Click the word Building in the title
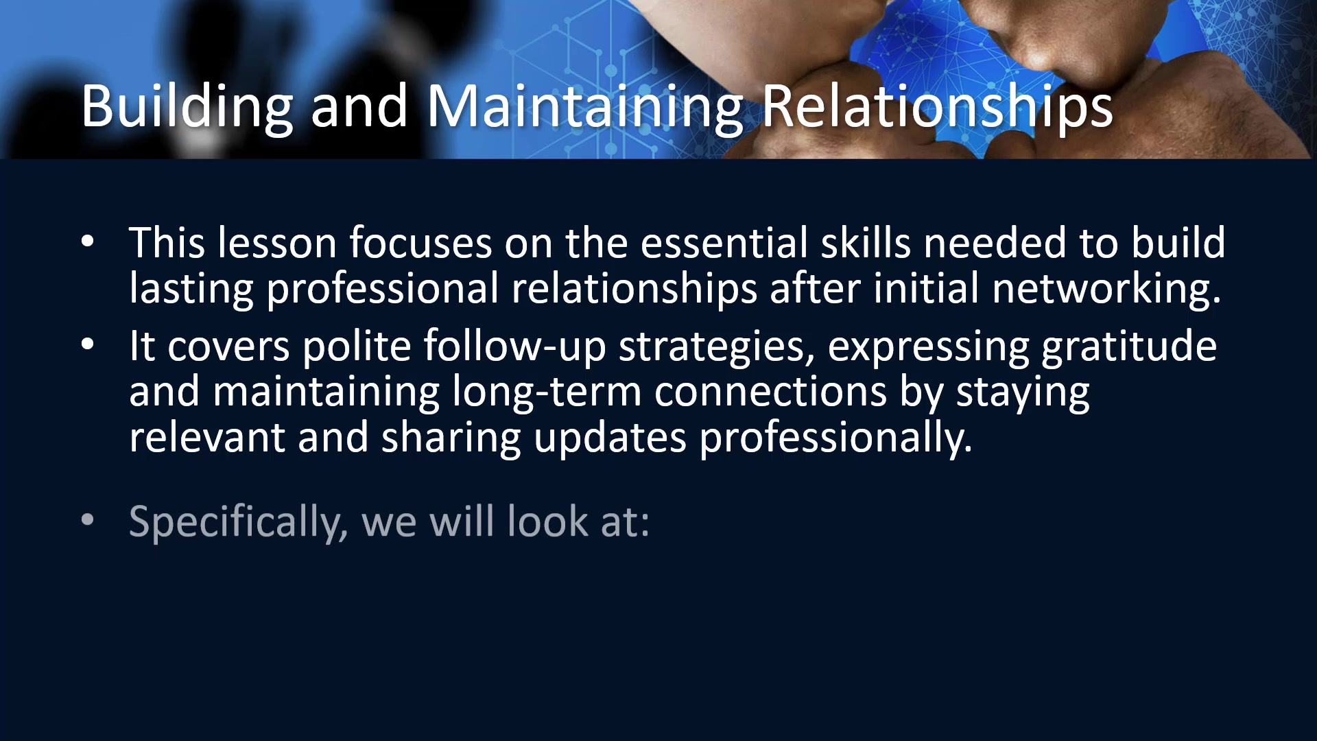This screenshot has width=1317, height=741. click(187, 107)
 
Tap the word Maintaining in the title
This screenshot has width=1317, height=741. click(585, 107)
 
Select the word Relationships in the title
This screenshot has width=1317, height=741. click(938, 107)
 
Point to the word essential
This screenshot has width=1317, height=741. click(724, 243)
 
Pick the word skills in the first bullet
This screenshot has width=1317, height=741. click(866, 243)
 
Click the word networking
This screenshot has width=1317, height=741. click(1106, 288)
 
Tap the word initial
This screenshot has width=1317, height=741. click(926, 288)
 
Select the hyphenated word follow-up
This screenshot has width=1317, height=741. click(514, 346)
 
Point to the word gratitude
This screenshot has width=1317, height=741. click(1129, 346)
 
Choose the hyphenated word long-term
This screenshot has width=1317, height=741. click(547, 392)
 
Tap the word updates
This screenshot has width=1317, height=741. click(610, 438)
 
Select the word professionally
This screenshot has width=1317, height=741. click(835, 438)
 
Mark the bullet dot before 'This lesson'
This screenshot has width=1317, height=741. click(87, 242)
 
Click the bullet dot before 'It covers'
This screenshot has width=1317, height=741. click(87, 344)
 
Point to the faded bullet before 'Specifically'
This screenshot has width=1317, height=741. click(87, 520)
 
